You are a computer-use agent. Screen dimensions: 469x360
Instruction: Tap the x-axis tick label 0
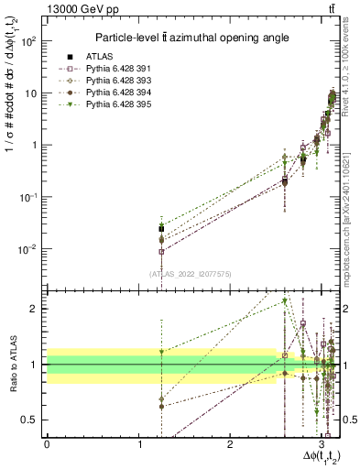pyautogui.click(x=48, y=442)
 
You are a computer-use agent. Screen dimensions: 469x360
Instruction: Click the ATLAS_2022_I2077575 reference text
pyautogui.click(x=191, y=274)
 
